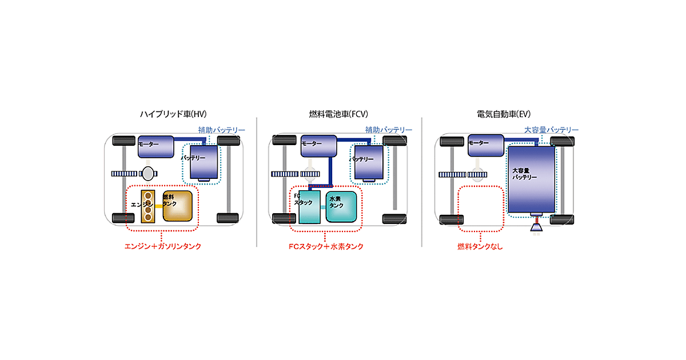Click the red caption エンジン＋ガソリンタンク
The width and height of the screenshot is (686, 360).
coord(163,247)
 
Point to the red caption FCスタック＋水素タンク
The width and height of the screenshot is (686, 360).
coord(326,247)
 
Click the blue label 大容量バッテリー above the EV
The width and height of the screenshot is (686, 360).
coord(552,130)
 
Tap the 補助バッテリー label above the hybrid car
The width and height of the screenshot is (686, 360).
coord(222,130)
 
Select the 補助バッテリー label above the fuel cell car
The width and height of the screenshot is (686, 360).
coord(389,130)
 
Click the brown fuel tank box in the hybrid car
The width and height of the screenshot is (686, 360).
coord(177,206)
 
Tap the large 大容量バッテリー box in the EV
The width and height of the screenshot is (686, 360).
coord(531,179)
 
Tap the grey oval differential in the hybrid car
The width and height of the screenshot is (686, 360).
coord(147,172)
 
